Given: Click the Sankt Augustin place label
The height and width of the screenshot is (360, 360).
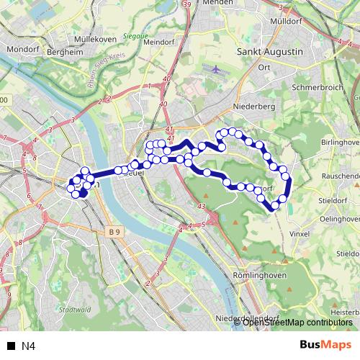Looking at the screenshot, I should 269,53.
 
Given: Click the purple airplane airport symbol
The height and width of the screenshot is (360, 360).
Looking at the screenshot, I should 217,68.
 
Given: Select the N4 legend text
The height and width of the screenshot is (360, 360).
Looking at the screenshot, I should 28,346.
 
